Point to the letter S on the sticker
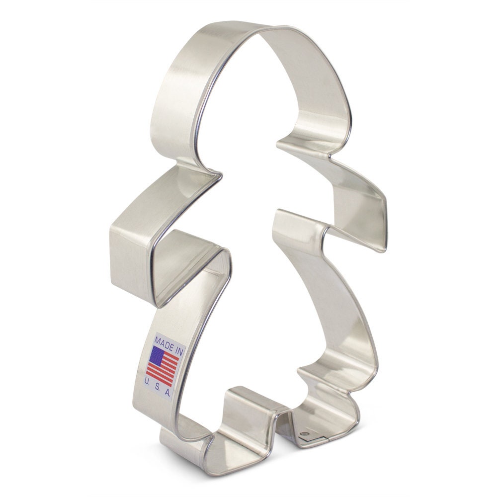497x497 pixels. click(159, 388)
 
